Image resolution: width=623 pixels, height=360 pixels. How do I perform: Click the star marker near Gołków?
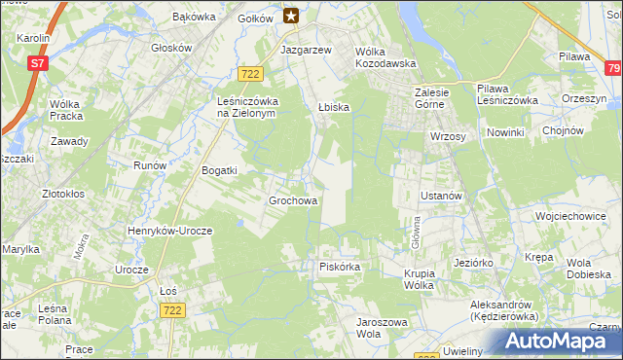291,15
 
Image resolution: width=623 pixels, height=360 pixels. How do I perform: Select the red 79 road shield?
612,68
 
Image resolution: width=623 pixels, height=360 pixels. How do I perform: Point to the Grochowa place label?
293,201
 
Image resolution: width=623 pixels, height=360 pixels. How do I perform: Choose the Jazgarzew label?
307,49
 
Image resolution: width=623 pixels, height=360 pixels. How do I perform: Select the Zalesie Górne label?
425,98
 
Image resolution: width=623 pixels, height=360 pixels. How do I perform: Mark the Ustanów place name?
439,196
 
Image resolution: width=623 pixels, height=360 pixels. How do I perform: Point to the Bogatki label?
219,170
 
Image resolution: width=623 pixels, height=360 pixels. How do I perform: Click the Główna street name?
409,233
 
